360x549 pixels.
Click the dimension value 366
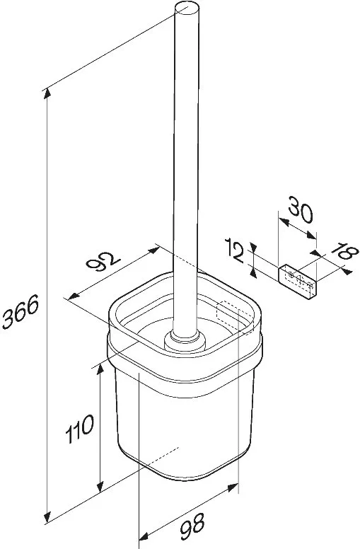[21, 311]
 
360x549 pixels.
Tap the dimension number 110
[80, 429]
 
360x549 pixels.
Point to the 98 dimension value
[192, 526]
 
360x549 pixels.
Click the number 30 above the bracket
[300, 209]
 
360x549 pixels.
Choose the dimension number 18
[344, 251]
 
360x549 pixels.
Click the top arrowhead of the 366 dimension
[47, 94]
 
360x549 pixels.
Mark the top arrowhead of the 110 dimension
[100, 370]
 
